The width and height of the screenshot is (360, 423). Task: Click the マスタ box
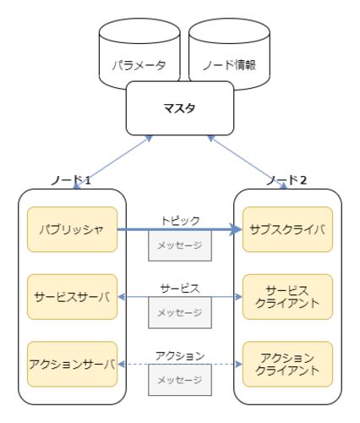180,108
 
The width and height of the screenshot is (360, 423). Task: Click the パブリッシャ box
72,229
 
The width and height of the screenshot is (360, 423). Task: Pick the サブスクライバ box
287,229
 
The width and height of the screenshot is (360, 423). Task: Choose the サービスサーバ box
72,297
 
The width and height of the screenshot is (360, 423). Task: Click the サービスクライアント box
287,297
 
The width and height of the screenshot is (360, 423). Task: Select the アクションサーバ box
72,365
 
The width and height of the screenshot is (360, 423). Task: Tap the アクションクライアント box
287,365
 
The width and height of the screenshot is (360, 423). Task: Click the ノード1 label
71,180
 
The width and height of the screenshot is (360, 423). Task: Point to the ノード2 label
286,180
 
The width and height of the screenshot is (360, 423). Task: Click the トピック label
180,221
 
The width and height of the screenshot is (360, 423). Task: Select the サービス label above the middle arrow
180,288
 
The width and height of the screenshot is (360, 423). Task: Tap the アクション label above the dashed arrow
180,356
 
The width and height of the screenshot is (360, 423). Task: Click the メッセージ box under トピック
180,245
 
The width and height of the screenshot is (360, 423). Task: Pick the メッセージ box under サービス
180,313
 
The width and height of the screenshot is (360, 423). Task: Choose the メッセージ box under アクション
180,380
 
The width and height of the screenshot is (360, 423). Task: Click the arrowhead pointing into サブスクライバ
236,229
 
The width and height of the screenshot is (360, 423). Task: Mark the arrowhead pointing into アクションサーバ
121,365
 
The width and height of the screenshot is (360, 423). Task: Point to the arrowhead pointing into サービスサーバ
121,297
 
